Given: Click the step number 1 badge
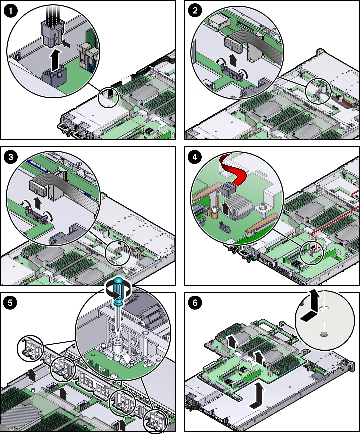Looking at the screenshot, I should click(x=10, y=11).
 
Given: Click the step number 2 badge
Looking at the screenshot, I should click(x=195, y=11).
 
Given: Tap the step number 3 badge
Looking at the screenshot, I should click(x=10, y=157).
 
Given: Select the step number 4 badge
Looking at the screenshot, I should click(x=195, y=157).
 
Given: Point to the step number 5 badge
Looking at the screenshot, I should click(x=10, y=303).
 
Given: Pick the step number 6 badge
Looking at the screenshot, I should click(x=195, y=303).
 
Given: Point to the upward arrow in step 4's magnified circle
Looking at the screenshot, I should click(x=226, y=208).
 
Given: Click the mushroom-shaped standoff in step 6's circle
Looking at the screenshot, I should click(x=323, y=333).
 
